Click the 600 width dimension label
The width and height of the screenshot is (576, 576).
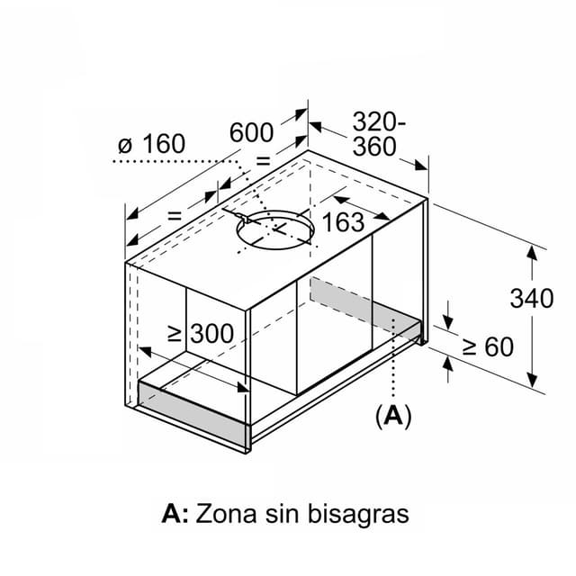point(251,132)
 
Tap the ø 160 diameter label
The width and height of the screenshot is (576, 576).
point(151,143)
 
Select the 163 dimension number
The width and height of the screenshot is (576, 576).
point(343,222)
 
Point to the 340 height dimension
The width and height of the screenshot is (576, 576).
point(531,298)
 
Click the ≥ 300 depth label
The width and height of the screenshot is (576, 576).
point(201,334)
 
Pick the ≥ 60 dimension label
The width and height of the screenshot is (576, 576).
point(486,346)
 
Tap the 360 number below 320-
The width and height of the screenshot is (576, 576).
point(373,147)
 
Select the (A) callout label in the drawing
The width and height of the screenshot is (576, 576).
point(392,415)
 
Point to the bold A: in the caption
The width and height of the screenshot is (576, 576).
point(175,514)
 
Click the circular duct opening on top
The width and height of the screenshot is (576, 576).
point(276,230)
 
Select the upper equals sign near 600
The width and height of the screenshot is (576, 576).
point(264,161)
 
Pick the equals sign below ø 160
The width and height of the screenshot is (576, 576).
point(174,216)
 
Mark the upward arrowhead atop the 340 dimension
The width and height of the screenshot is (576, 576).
point(532,251)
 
